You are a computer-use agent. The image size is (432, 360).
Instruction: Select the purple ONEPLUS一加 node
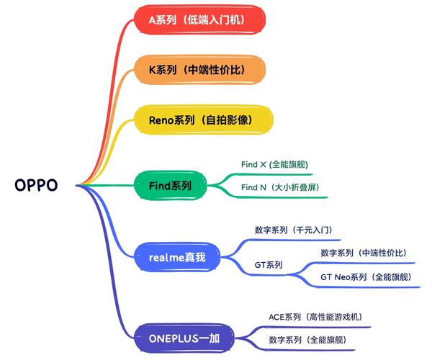coord(183,338)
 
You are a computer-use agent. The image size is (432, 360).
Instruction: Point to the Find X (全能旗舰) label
coord(274,164)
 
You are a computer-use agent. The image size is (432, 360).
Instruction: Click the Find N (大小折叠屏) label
coord(279,188)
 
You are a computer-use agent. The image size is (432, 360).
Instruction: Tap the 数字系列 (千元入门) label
coord(292,230)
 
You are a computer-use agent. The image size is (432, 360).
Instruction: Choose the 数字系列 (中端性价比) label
coord(363,253)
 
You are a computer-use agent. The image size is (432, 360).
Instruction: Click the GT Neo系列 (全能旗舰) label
coord(366,277)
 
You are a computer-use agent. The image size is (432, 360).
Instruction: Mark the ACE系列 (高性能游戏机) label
coord(315,317)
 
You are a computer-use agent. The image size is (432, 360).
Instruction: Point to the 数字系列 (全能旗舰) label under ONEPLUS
coord(307,339)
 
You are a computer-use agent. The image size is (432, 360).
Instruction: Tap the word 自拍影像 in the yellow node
coord(235,120)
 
